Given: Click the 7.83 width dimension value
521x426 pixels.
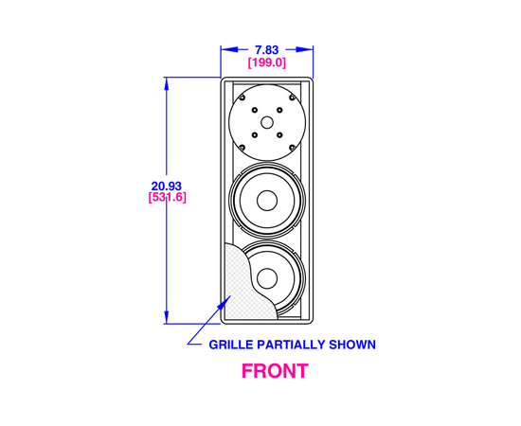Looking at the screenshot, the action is [x=266, y=50].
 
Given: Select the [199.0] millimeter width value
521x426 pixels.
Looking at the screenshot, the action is [x=267, y=62].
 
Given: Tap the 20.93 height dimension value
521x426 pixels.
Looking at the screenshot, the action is [x=167, y=186].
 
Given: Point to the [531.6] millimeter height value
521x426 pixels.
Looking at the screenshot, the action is [x=167, y=197].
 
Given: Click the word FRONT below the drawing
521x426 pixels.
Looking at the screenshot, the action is [x=275, y=371].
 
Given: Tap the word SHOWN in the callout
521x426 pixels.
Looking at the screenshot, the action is [x=352, y=345].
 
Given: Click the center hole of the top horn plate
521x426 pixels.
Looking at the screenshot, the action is [x=267, y=122].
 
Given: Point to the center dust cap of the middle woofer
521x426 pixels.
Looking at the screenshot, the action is [x=267, y=201].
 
